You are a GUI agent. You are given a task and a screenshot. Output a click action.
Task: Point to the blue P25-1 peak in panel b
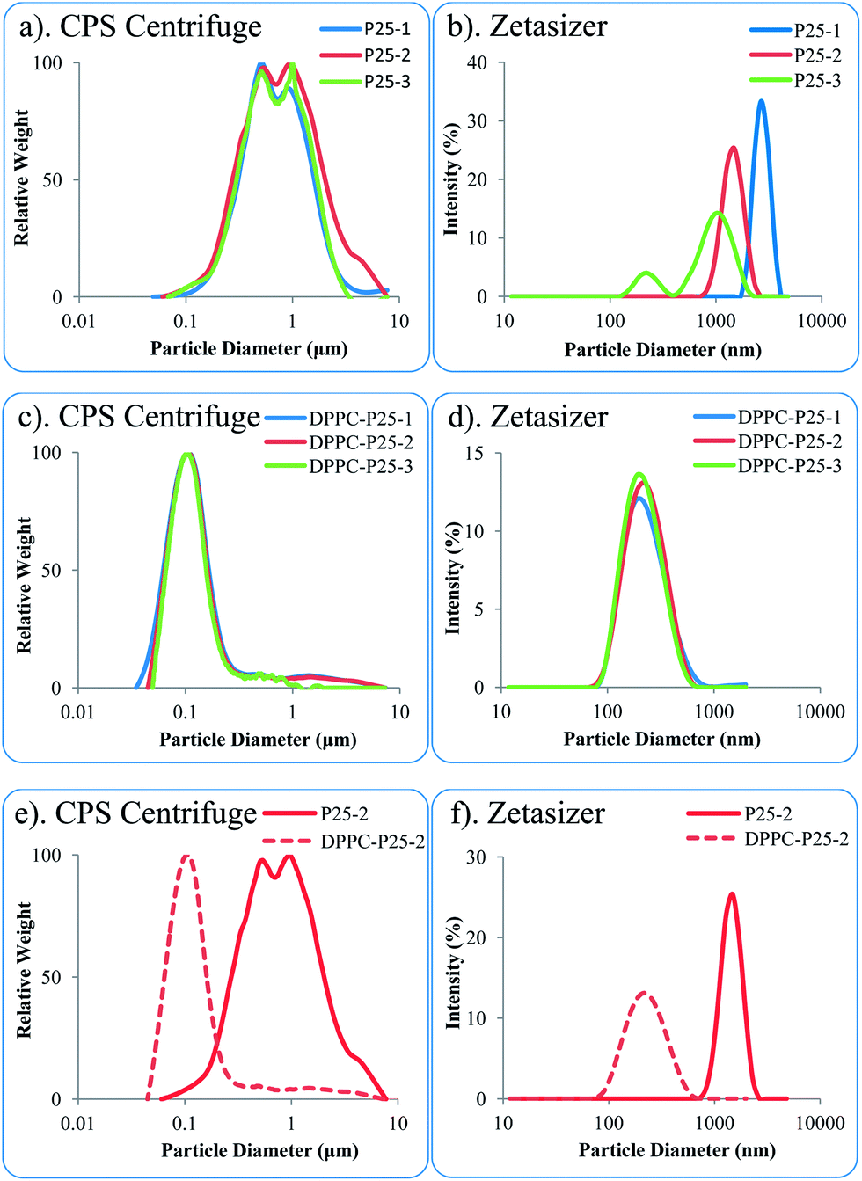pos(761,101)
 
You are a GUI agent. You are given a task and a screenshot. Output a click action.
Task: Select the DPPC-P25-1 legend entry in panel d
pos(790,418)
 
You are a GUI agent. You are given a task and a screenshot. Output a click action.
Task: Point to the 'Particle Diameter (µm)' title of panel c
pos(258,739)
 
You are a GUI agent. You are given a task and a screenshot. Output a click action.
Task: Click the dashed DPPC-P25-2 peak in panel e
pos(186,857)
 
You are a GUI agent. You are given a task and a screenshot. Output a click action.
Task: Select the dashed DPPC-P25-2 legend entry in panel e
pos(373,842)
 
